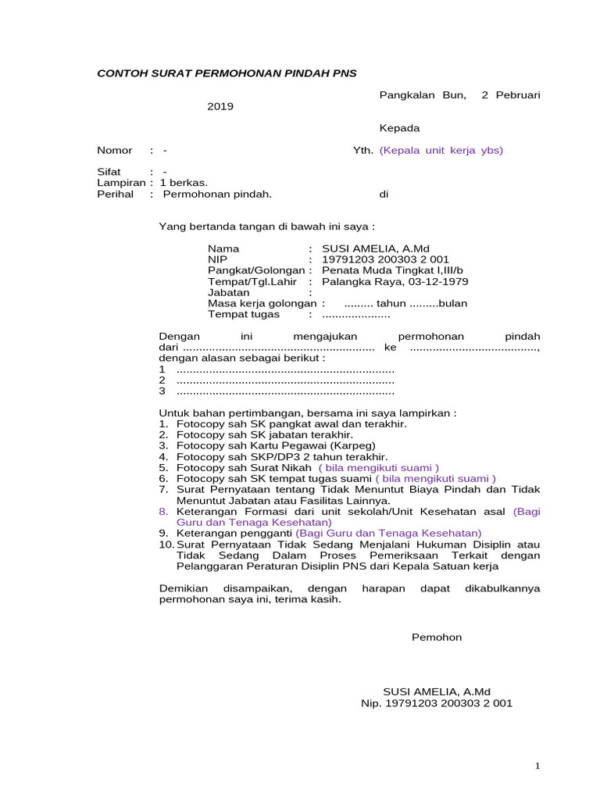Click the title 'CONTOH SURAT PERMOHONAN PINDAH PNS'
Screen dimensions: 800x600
click(226, 73)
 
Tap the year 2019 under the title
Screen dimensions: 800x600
click(220, 106)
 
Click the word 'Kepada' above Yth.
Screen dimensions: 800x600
click(399, 128)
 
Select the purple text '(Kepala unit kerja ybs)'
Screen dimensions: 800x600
click(441, 150)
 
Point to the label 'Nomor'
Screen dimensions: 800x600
click(115, 150)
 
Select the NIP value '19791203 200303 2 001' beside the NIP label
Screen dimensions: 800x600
click(380, 259)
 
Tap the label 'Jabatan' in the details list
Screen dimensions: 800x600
click(227, 292)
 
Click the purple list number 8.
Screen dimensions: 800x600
click(163, 511)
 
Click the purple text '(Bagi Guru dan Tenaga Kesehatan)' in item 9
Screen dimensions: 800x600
click(388, 533)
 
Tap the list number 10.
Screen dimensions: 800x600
click(166, 544)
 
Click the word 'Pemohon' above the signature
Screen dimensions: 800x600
click(437, 637)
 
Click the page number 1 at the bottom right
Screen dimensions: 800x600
click(538, 766)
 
